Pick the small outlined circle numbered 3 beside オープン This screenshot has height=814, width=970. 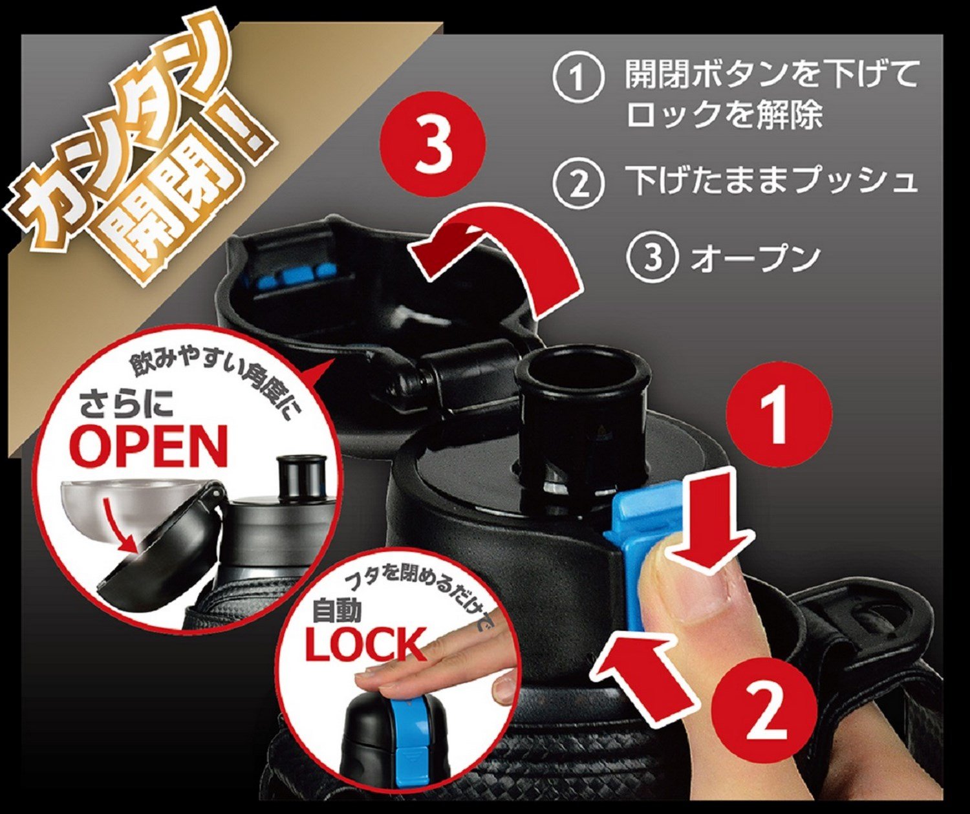[652, 257]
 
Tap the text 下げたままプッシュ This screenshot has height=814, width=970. [771, 181]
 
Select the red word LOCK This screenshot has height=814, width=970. [365, 645]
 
